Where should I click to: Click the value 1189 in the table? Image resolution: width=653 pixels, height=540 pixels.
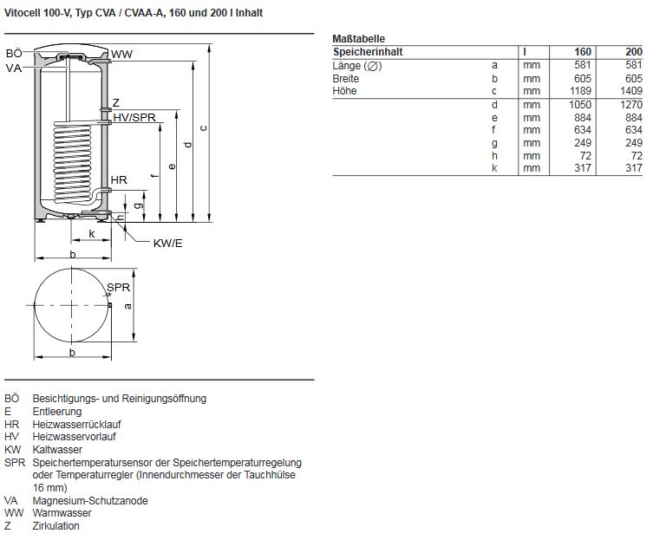pyautogui.click(x=578, y=90)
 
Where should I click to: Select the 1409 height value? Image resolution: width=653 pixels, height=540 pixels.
pyautogui.click(x=630, y=90)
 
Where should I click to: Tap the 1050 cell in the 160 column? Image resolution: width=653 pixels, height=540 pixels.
pyautogui.click(x=578, y=105)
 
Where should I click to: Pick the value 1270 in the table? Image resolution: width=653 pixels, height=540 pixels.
pyautogui.click(x=630, y=105)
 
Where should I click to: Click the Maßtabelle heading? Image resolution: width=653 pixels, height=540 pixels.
pyautogui.click(x=359, y=39)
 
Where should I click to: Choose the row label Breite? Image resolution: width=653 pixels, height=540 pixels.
pyautogui.click(x=346, y=78)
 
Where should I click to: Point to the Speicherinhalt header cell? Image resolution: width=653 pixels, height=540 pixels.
pyautogui.click(x=368, y=52)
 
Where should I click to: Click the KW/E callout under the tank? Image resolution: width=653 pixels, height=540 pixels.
pyautogui.click(x=168, y=243)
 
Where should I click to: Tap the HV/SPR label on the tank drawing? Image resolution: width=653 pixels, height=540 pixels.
pyautogui.click(x=134, y=118)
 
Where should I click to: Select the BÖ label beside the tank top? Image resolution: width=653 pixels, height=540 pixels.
pyautogui.click(x=14, y=55)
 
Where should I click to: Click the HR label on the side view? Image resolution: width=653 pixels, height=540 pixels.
pyautogui.click(x=120, y=179)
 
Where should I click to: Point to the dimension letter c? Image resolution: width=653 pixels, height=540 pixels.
pyautogui.click(x=202, y=128)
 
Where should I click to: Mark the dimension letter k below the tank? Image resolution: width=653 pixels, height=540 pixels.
pyautogui.click(x=92, y=234)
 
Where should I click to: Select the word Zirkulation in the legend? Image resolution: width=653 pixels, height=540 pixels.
pyautogui.click(x=56, y=526)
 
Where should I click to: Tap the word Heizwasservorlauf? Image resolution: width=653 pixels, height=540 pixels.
pyautogui.click(x=74, y=437)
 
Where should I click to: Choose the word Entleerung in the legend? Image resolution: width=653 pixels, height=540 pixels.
pyautogui.click(x=57, y=412)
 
